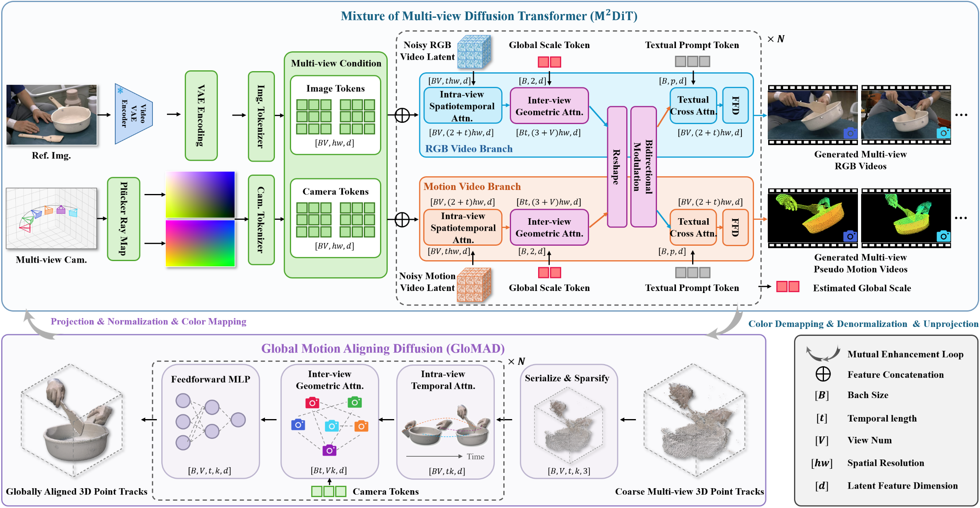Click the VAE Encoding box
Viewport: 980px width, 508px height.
[x=201, y=116]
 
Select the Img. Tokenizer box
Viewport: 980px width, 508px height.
[x=261, y=116]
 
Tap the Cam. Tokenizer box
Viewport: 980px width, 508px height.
[x=261, y=220]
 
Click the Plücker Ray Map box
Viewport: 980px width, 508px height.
[x=124, y=219]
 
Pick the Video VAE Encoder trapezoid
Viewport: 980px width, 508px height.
[x=133, y=114]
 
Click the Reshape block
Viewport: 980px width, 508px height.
[x=617, y=167]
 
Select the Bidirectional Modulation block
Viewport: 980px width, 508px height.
[x=643, y=167]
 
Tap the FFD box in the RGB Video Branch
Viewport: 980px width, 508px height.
[x=735, y=105]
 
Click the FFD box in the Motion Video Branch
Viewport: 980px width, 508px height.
[x=735, y=227]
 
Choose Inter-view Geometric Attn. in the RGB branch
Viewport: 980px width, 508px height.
[x=549, y=106]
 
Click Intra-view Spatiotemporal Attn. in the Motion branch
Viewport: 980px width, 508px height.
[x=463, y=228]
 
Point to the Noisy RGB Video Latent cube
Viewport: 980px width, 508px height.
[x=474, y=52]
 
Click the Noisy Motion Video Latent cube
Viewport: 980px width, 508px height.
[x=474, y=285]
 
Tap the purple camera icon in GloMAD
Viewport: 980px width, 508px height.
[x=329, y=450]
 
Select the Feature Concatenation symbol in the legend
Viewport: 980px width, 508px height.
[x=823, y=374]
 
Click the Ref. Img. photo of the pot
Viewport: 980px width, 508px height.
[x=52, y=115]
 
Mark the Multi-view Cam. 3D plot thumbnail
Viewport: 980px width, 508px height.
[x=51, y=218]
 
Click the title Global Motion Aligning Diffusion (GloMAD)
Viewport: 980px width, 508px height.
[x=383, y=348]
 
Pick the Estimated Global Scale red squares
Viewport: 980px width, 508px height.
[x=788, y=287]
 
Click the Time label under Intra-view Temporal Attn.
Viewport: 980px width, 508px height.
[x=475, y=456]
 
